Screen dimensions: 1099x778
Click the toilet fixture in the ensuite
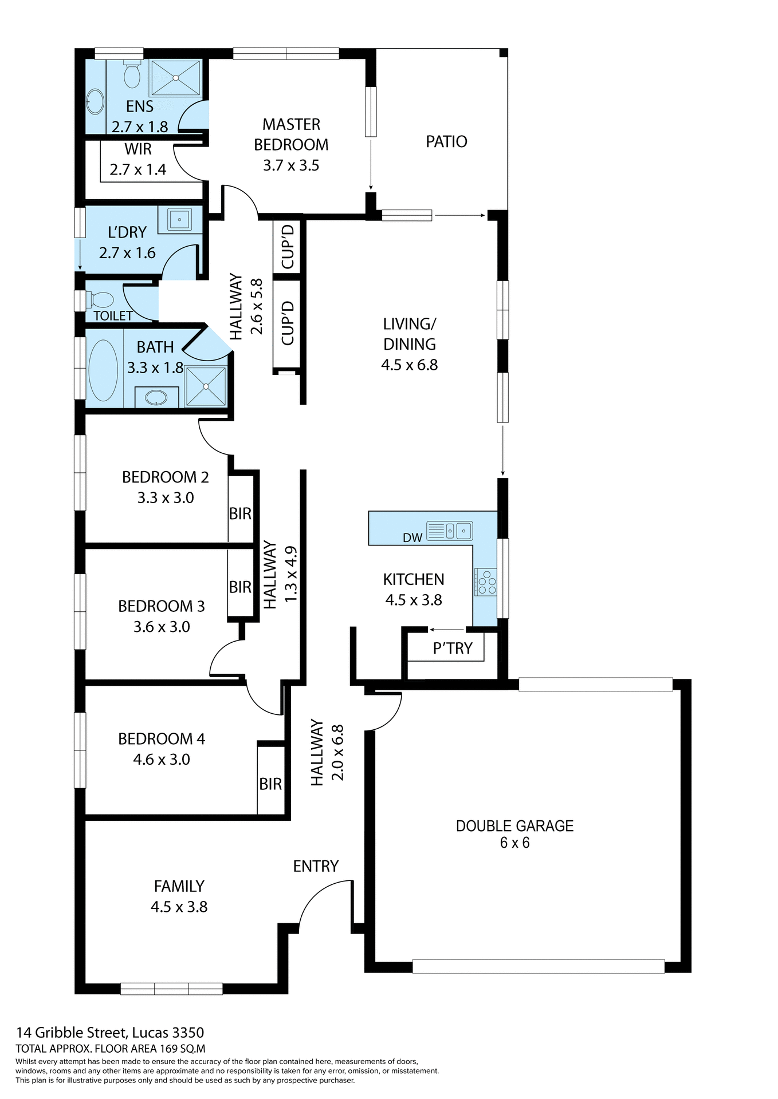click(132, 75)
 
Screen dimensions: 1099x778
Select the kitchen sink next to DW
click(457, 531)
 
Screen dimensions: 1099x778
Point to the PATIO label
click(446, 141)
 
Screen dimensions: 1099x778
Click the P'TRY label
click(453, 648)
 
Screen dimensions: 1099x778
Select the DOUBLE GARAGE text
click(514, 825)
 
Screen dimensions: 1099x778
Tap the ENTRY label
click(316, 866)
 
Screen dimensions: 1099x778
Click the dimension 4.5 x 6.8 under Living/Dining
click(409, 365)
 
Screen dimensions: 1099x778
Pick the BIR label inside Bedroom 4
click(270, 784)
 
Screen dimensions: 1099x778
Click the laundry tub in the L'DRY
click(180, 219)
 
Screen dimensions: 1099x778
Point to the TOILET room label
click(113, 315)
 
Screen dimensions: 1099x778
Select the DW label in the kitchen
click(412, 537)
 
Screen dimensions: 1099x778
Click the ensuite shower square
click(175, 78)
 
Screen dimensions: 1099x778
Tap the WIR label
click(138, 149)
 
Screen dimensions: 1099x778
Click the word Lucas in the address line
click(150, 1033)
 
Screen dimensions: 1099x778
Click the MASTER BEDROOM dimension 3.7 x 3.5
click(291, 165)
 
